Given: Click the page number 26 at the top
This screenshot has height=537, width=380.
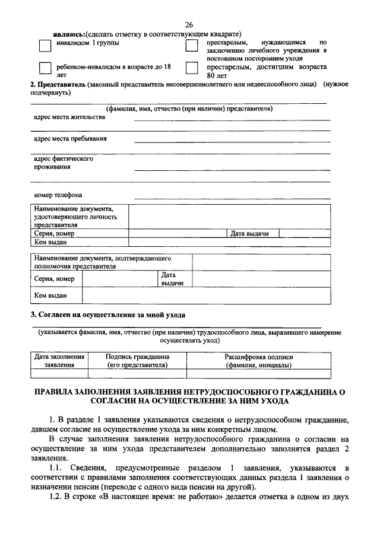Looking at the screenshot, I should pos(189,24).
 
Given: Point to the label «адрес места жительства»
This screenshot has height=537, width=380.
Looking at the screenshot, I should pos(69,117).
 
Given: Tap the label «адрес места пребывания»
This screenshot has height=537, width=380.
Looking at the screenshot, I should pos(71,139).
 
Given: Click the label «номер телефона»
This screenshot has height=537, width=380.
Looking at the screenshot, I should pos(58,195).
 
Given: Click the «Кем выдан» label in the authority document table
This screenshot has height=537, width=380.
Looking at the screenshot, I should pos(50,295).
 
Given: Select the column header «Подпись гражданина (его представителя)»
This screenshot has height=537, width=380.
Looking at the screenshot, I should pos(137,361).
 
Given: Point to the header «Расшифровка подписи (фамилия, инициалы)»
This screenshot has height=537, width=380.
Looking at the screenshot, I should pos(258,361).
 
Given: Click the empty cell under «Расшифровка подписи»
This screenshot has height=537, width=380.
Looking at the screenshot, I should pos(258,374).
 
